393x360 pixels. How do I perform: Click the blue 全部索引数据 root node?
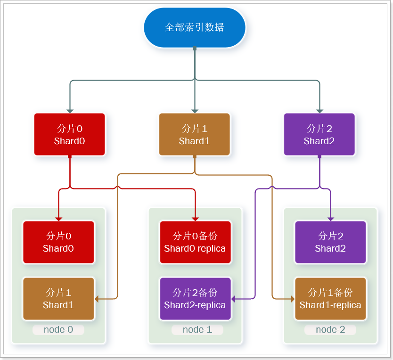click(x=195, y=27)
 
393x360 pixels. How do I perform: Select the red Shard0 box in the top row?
click(x=70, y=134)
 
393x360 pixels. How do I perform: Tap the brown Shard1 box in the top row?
click(x=195, y=134)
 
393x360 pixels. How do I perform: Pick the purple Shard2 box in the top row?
click(x=319, y=134)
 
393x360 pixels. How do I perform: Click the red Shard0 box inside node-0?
click(x=59, y=242)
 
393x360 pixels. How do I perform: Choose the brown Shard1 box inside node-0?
click(x=59, y=299)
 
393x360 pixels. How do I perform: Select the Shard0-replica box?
click(x=195, y=242)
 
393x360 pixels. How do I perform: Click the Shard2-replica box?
click(x=195, y=299)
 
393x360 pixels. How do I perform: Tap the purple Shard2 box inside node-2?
click(x=330, y=242)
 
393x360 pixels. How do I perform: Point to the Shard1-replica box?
click(x=330, y=299)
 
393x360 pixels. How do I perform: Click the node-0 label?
click(x=58, y=329)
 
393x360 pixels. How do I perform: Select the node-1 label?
click(x=197, y=329)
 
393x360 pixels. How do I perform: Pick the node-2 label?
click(x=330, y=329)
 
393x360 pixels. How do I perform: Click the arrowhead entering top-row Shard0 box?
click(x=70, y=111)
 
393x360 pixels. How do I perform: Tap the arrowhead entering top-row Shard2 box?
click(x=319, y=111)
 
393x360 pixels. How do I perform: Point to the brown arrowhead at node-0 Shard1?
click(x=97, y=299)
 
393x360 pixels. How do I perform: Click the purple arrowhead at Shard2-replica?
click(x=233, y=299)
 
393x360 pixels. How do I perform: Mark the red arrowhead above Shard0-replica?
click(x=195, y=218)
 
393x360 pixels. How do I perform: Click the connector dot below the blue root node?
click(x=195, y=49)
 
